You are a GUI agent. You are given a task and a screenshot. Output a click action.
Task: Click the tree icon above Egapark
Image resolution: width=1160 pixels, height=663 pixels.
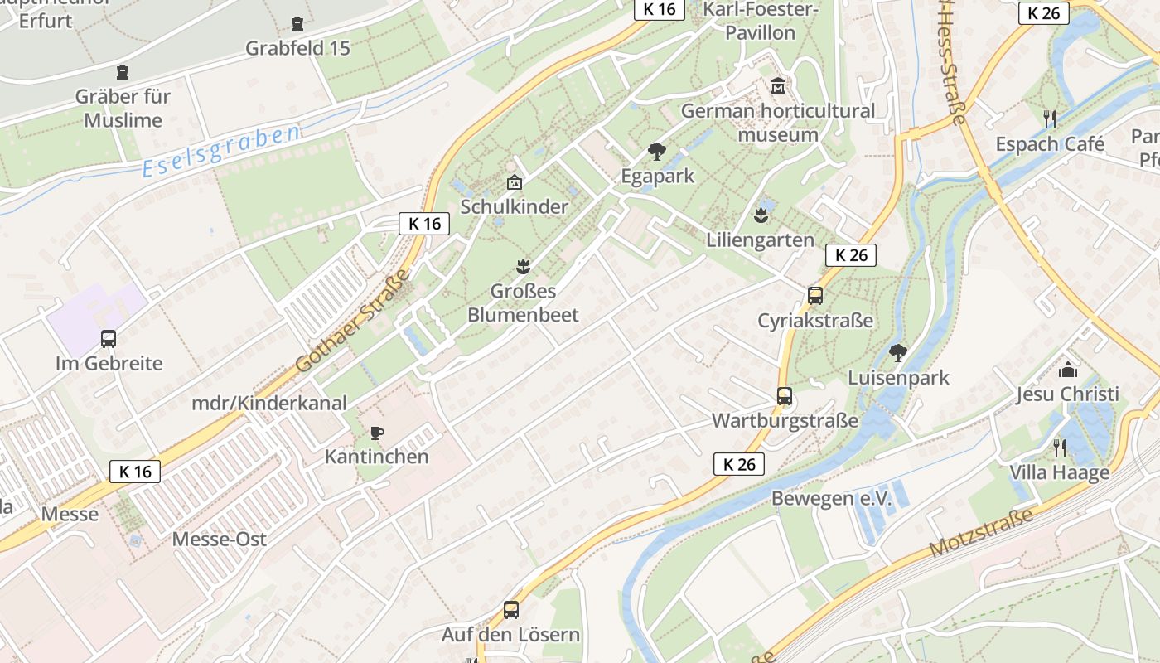click(x=657, y=152)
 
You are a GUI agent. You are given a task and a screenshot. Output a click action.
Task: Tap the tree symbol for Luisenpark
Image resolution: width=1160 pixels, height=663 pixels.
click(x=897, y=354)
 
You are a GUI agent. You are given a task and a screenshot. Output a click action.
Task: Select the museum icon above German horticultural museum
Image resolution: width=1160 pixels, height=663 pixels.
click(x=778, y=85)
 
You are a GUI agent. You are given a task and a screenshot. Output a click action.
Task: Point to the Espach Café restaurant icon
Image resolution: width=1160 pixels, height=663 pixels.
click(x=1050, y=119)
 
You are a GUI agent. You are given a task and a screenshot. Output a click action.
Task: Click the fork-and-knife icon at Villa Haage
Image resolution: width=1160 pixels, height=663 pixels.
click(x=1059, y=448)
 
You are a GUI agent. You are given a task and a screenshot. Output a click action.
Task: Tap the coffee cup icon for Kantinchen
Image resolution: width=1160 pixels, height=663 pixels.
click(x=377, y=433)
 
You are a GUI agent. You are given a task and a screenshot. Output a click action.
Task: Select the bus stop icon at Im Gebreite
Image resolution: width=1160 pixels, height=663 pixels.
click(x=109, y=338)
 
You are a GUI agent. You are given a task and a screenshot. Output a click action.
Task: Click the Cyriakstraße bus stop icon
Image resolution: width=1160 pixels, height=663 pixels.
click(x=815, y=296)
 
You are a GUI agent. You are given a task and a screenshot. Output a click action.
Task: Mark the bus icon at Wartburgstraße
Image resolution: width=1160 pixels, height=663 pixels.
click(x=785, y=396)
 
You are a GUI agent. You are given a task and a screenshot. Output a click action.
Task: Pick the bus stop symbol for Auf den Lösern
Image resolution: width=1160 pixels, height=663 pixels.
click(x=511, y=610)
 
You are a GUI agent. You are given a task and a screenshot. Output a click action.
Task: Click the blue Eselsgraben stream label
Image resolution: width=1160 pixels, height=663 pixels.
click(x=220, y=152)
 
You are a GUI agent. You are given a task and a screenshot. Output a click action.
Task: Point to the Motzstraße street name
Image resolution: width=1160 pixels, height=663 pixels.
click(x=982, y=532)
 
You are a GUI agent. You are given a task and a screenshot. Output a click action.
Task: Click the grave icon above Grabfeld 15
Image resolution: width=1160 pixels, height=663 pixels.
click(x=297, y=24)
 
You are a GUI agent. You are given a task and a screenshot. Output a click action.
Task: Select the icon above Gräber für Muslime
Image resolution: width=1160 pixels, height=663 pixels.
click(x=123, y=72)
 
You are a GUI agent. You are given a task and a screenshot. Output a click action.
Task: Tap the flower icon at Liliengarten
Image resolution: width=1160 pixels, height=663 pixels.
click(x=761, y=216)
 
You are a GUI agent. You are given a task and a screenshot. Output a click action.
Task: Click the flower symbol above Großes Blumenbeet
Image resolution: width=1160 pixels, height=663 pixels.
click(x=523, y=267)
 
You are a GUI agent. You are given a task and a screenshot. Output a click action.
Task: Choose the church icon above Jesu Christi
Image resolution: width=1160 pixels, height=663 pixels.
click(x=1068, y=370)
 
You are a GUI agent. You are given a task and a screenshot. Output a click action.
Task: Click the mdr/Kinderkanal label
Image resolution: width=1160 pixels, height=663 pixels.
click(x=269, y=404)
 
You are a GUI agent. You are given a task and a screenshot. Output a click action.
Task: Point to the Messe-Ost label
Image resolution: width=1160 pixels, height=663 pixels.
click(x=220, y=539)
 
